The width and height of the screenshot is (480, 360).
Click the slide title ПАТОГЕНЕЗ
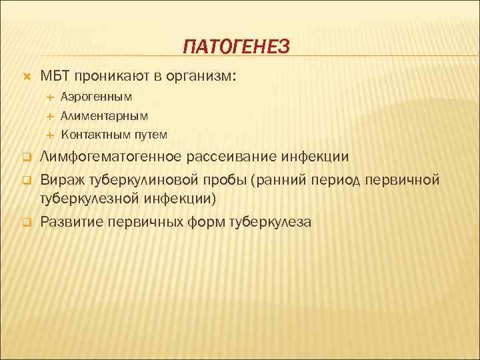click(237, 46)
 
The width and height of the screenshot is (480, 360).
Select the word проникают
click(114, 75)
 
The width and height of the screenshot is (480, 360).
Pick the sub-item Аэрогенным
click(96, 97)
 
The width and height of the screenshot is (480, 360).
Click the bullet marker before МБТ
click(27, 76)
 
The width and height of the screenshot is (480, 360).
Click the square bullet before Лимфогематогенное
click(27, 158)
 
